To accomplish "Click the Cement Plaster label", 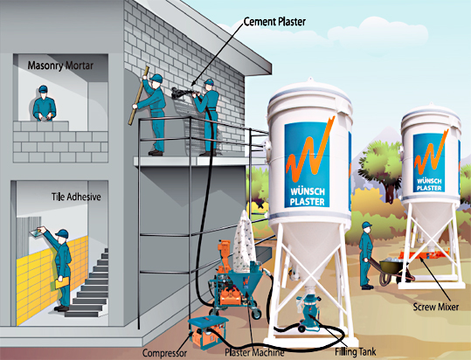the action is (274, 22).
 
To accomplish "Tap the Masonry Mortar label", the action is (60, 66).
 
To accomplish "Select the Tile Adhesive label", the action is (76, 197).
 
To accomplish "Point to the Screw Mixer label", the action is (435, 307).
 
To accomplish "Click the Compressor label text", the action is (164, 353).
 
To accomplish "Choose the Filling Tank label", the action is (356, 351).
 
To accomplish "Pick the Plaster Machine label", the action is (254, 352).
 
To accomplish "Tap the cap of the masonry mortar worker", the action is (43, 89).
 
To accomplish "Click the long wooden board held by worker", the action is (138, 95).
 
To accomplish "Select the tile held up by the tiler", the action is (37, 232).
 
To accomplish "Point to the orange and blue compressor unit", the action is (207, 330).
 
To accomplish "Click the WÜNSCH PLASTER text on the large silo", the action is (308, 197).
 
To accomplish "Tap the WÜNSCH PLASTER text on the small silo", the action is (429, 184).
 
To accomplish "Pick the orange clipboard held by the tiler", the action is (62, 282).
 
